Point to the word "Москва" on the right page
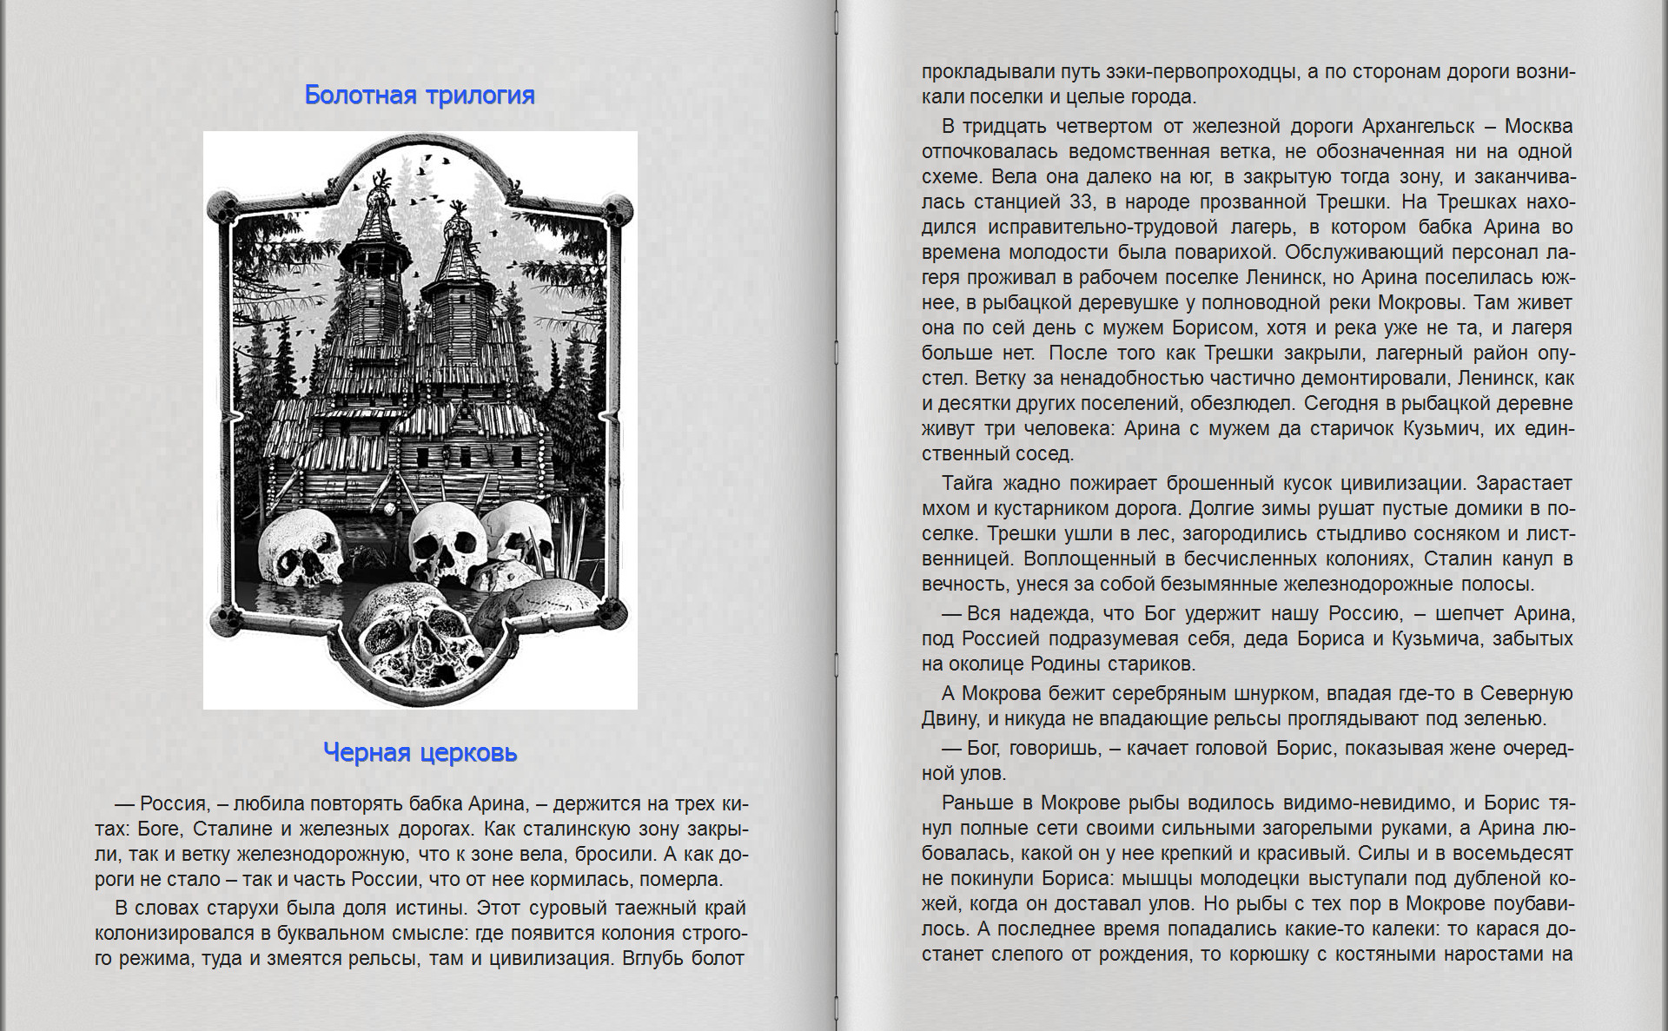pyautogui.click(x=1539, y=127)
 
